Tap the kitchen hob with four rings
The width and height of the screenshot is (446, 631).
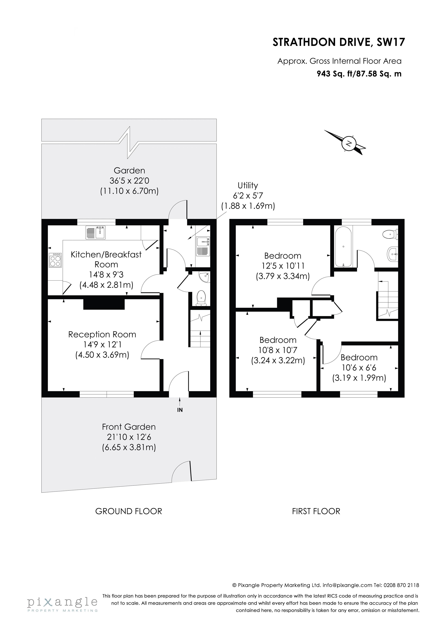55,260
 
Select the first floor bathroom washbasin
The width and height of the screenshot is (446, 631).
392,254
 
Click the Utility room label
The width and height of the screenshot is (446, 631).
248,185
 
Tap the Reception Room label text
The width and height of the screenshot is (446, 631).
102,334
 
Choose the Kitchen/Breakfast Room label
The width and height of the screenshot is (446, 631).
106,259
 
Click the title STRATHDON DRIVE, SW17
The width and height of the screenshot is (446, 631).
339,42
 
